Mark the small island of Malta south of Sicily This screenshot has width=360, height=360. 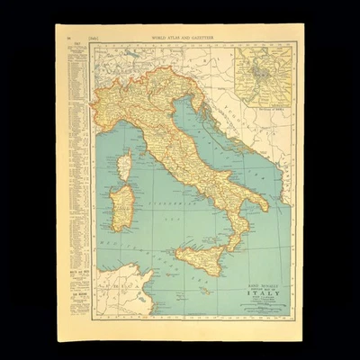coord(205,292)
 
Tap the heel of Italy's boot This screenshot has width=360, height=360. coord(264,204)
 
